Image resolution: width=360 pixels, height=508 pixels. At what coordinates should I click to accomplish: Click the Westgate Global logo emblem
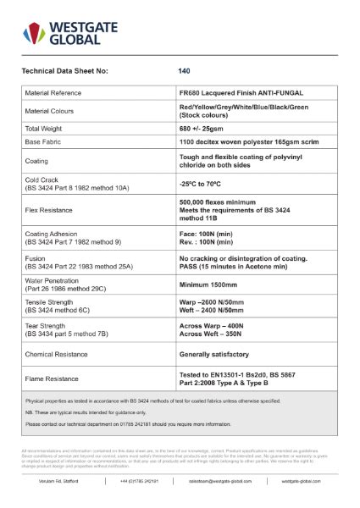tap(34, 33)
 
